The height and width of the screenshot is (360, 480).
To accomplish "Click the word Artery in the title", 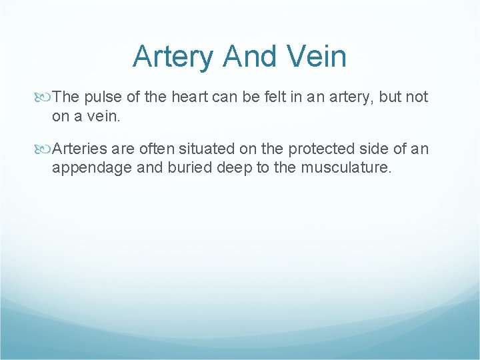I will (174, 57).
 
